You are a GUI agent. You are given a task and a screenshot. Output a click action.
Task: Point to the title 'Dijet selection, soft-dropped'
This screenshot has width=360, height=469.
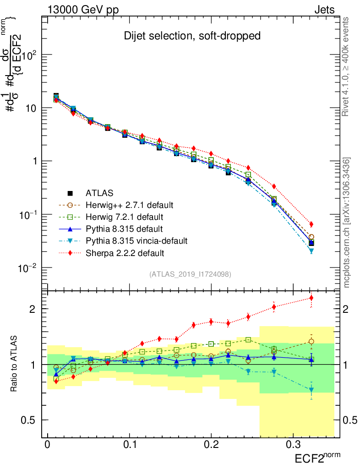(192, 36)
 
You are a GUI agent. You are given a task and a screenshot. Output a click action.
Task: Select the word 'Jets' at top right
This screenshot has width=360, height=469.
(324, 10)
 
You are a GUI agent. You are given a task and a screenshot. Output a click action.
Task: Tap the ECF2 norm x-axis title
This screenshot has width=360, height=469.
(317, 458)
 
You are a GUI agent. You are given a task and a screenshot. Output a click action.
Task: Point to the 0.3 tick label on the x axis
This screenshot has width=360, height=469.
(293, 445)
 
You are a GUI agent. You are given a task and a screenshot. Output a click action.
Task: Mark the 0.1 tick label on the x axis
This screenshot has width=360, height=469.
(129, 445)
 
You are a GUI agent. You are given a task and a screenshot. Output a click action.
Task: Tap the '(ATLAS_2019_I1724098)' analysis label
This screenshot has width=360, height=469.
(190, 274)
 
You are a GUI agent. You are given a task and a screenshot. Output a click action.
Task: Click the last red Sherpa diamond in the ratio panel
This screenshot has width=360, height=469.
(311, 298)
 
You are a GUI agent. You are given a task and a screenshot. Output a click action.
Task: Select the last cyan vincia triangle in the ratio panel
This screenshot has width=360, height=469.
(311, 390)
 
